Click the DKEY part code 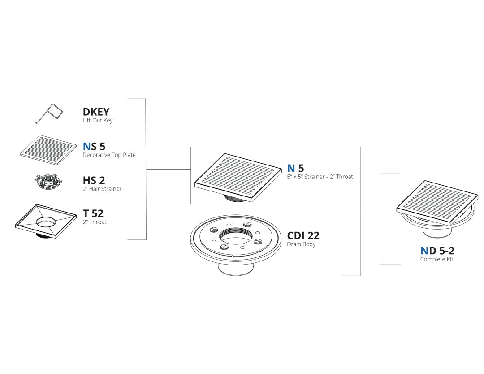point(96,112)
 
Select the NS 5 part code point(94,146)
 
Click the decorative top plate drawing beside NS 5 point(48,150)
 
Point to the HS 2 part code point(94,180)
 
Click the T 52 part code point(93,213)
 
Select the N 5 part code point(295,168)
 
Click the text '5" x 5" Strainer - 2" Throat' point(320,177)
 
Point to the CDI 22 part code point(303,235)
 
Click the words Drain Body point(301,244)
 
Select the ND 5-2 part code point(437,251)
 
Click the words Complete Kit point(437,259)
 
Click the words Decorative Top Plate point(109,155)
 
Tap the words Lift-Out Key point(98,121)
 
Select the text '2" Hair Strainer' point(102,189)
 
